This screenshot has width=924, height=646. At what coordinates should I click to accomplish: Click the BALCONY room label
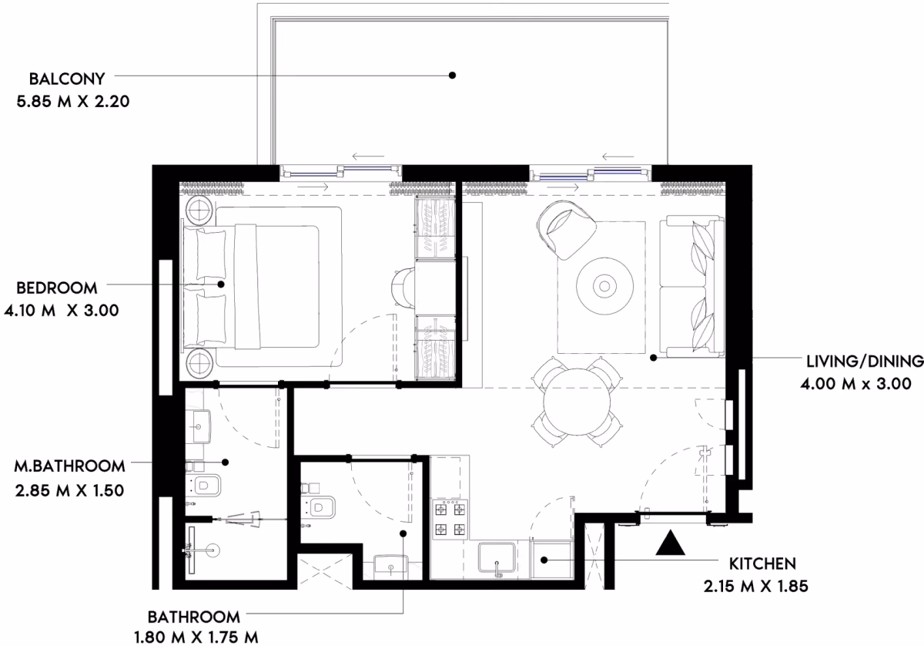67,79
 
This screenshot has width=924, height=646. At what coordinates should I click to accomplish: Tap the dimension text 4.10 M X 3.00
62,310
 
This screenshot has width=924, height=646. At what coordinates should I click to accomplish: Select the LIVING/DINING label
865,362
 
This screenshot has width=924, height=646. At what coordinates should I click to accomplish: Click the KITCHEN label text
762,564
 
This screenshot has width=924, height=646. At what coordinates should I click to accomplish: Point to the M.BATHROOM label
69,466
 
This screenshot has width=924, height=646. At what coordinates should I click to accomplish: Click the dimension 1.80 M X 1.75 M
196,637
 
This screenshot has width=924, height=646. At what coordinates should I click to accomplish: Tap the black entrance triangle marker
671,543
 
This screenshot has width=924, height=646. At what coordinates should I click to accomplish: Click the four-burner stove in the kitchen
450,519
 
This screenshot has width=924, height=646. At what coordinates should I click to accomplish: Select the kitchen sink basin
497,557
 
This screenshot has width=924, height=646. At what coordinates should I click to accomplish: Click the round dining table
577,402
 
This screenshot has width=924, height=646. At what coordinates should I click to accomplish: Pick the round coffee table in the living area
604,286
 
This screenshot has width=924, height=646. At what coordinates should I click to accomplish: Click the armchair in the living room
565,230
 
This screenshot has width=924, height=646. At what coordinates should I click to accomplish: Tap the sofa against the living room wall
691,286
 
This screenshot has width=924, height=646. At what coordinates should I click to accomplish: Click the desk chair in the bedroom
403,288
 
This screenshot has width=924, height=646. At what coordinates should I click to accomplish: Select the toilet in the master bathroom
203,486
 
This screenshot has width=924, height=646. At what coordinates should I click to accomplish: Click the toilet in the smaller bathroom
319,506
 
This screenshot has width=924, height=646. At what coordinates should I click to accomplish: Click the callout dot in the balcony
452,76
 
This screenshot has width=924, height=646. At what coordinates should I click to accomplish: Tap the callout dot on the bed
221,284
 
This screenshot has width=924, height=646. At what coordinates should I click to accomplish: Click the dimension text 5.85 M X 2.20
73,101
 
